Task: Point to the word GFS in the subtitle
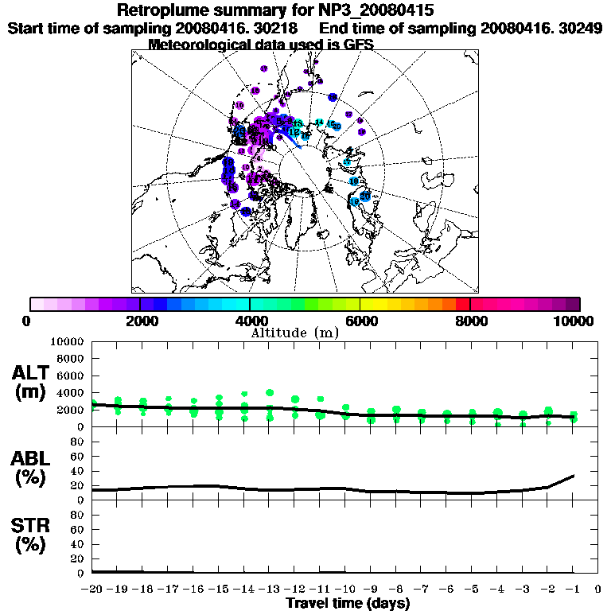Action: (358, 45)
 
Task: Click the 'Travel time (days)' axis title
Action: (348, 603)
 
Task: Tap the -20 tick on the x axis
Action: (92, 590)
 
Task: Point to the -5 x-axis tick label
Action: (472, 590)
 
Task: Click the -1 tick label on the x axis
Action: (573, 590)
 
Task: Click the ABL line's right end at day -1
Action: (574, 476)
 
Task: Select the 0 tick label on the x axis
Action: (598, 590)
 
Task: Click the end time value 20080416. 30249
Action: (540, 28)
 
